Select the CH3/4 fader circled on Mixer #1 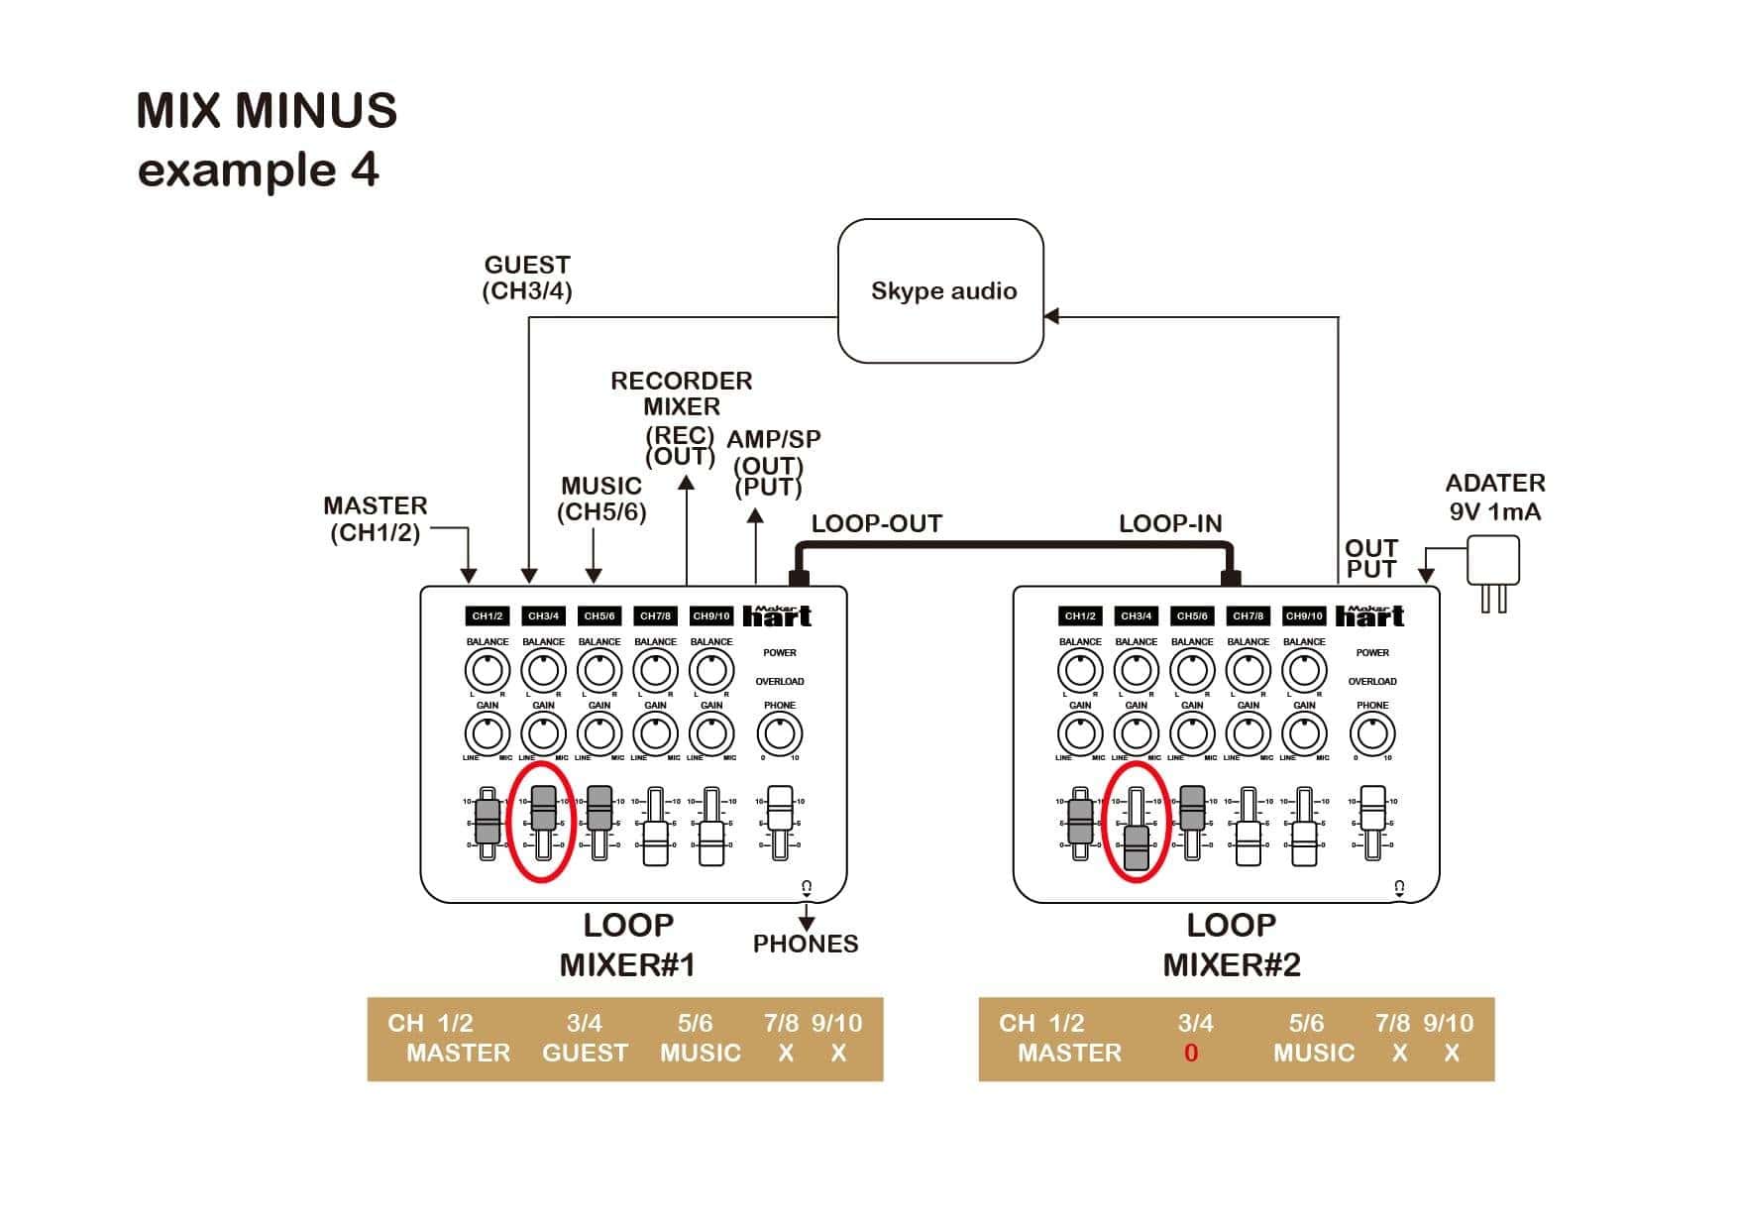pyautogui.click(x=543, y=807)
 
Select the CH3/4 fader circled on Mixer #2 pyautogui.click(x=1136, y=847)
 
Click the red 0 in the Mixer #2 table pyautogui.click(x=1191, y=1053)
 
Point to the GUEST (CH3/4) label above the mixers pyautogui.click(x=527, y=278)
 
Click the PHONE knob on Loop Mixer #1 pyautogui.click(x=780, y=734)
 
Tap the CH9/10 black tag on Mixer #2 pyautogui.click(x=1303, y=615)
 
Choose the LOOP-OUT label pyautogui.click(x=877, y=523)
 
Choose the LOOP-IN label pyautogui.click(x=1170, y=523)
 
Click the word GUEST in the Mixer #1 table pyautogui.click(x=585, y=1053)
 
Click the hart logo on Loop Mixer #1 pyautogui.click(x=777, y=616)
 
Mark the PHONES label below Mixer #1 pyautogui.click(x=805, y=944)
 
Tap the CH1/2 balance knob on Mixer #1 pyautogui.click(x=488, y=671)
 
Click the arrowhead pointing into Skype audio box pyautogui.click(x=1052, y=316)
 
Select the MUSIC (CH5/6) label pyautogui.click(x=601, y=499)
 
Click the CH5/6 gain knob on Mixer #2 pyautogui.click(x=1192, y=734)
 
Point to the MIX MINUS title pyautogui.click(x=267, y=110)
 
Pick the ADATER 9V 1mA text pyautogui.click(x=1494, y=497)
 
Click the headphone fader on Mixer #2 pyautogui.click(x=1372, y=809)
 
